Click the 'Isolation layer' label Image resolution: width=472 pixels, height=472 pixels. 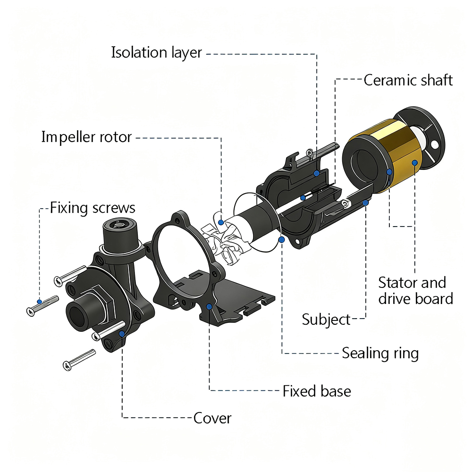click(156, 52)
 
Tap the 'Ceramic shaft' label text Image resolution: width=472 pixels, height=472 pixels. click(408, 80)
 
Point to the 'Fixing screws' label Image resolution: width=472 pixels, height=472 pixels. click(93, 208)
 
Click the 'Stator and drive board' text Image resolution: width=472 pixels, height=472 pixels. click(412, 290)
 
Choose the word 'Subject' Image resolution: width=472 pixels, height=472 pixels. click(326, 320)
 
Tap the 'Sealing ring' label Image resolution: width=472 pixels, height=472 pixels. click(380, 353)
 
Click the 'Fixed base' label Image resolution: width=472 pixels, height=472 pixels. click(317, 391)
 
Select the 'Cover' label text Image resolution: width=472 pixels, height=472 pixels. click(212, 418)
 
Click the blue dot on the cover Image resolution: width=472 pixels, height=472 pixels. click(122, 334)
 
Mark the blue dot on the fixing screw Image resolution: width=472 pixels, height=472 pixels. click(40, 302)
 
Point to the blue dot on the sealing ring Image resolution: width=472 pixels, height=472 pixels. click(282, 240)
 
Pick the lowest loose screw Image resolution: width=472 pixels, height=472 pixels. click(78, 360)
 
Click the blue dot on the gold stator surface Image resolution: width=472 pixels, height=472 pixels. click(414, 163)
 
